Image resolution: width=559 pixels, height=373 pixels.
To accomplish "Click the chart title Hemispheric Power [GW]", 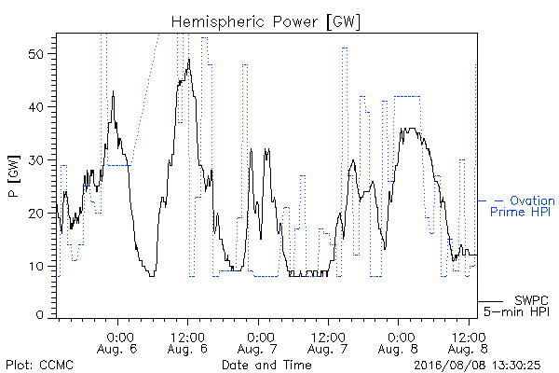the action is point(266,22).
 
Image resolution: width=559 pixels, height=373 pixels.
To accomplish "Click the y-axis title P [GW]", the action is point(14,176).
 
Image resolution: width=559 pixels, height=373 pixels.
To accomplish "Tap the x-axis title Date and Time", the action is point(266,365).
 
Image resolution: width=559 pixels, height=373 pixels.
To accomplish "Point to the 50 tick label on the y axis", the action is point(36,54).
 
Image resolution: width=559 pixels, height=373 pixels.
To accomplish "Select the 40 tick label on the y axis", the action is point(36,107).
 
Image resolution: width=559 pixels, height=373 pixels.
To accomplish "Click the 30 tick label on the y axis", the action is point(36,160).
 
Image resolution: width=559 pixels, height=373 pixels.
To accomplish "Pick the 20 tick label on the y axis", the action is point(36,214).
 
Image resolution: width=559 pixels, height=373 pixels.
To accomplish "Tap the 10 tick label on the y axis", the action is point(36,267).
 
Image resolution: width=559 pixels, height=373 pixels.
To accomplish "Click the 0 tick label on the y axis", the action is point(40,315).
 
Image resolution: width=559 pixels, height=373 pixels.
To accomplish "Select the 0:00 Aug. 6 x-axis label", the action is point(117,343).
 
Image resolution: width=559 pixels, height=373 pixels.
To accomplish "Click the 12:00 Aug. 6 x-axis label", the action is point(187,343).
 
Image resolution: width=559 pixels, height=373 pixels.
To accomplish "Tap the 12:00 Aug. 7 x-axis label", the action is point(328,343).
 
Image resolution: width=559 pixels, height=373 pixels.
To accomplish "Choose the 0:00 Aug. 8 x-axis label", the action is point(398,343).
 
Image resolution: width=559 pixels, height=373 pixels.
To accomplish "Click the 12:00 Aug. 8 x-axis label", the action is point(468,343).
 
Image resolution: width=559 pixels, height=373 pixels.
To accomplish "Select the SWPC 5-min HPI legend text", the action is point(516,306).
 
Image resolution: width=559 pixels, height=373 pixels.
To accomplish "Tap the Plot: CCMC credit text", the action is point(39,366).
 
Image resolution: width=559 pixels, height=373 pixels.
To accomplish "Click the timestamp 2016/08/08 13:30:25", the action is point(477,366).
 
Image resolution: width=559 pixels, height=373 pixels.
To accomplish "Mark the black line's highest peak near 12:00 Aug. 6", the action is point(189,59).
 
